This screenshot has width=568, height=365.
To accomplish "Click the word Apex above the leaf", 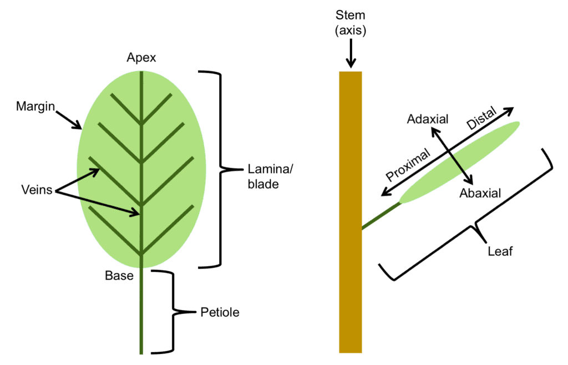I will tap(141, 58).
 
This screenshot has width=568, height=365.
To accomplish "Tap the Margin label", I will tap(35, 105).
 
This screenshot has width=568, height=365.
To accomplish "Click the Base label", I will tap(119, 275).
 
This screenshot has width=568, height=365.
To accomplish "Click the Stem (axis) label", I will tap(351, 22).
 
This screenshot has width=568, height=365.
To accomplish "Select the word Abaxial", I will tap(480, 194).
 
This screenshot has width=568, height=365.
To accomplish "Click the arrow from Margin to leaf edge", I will tap(69, 117).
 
